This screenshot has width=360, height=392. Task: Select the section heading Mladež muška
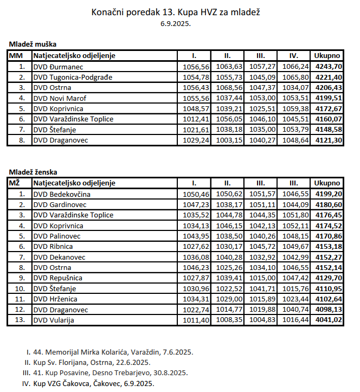click(33, 44)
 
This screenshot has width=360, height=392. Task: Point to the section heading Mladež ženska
click(34, 172)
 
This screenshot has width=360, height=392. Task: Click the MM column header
click(16, 55)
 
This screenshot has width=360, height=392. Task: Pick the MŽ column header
click(15, 183)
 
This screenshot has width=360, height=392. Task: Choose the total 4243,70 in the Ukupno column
click(328, 67)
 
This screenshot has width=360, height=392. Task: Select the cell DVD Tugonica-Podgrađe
click(73, 77)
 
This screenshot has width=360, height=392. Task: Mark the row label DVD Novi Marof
click(60, 98)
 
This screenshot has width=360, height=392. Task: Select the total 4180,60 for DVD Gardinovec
click(328, 204)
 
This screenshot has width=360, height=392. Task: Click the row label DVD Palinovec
click(57, 236)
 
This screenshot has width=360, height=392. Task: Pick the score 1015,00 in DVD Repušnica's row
click(260, 278)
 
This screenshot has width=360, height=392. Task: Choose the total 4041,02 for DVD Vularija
click(328, 320)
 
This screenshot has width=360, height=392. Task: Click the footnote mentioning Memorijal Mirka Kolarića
click(108, 351)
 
